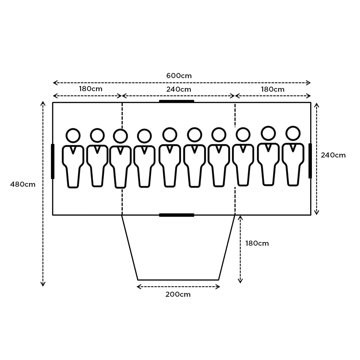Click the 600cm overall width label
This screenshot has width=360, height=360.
pyautogui.click(x=179, y=76)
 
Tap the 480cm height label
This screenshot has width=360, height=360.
pyautogui.click(x=23, y=184)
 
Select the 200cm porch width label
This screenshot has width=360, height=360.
pyautogui.click(x=178, y=294)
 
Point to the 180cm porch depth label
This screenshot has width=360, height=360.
pyautogui.click(x=257, y=243)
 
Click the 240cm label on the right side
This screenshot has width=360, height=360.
pyautogui.click(x=333, y=155)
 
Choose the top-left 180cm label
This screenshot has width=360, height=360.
pyautogui.click(x=91, y=89)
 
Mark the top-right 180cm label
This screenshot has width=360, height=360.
pyautogui.click(x=272, y=89)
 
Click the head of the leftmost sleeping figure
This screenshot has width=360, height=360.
pyautogui.click(x=73, y=136)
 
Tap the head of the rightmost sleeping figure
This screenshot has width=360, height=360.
pyautogui.click(x=293, y=133)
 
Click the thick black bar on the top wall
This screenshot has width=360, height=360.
pyautogui.click(x=176, y=101)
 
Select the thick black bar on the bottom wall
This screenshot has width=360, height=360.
pyautogui.click(x=176, y=215)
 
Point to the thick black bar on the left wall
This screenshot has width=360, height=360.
pyautogui.click(x=53, y=161)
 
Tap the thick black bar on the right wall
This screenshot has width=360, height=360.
pyautogui.click(x=310, y=161)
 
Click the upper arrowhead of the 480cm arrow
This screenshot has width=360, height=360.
pyautogui.click(x=43, y=103)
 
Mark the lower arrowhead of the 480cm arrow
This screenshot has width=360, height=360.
pyautogui.click(x=43, y=284)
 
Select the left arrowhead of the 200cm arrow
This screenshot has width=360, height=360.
pyautogui.click(x=138, y=287)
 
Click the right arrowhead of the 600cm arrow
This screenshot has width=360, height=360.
pyautogui.click(x=309, y=83)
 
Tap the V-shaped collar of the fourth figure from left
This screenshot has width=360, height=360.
pyautogui.click(x=144, y=150)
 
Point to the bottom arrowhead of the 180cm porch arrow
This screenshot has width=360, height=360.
pyautogui.click(x=240, y=281)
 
